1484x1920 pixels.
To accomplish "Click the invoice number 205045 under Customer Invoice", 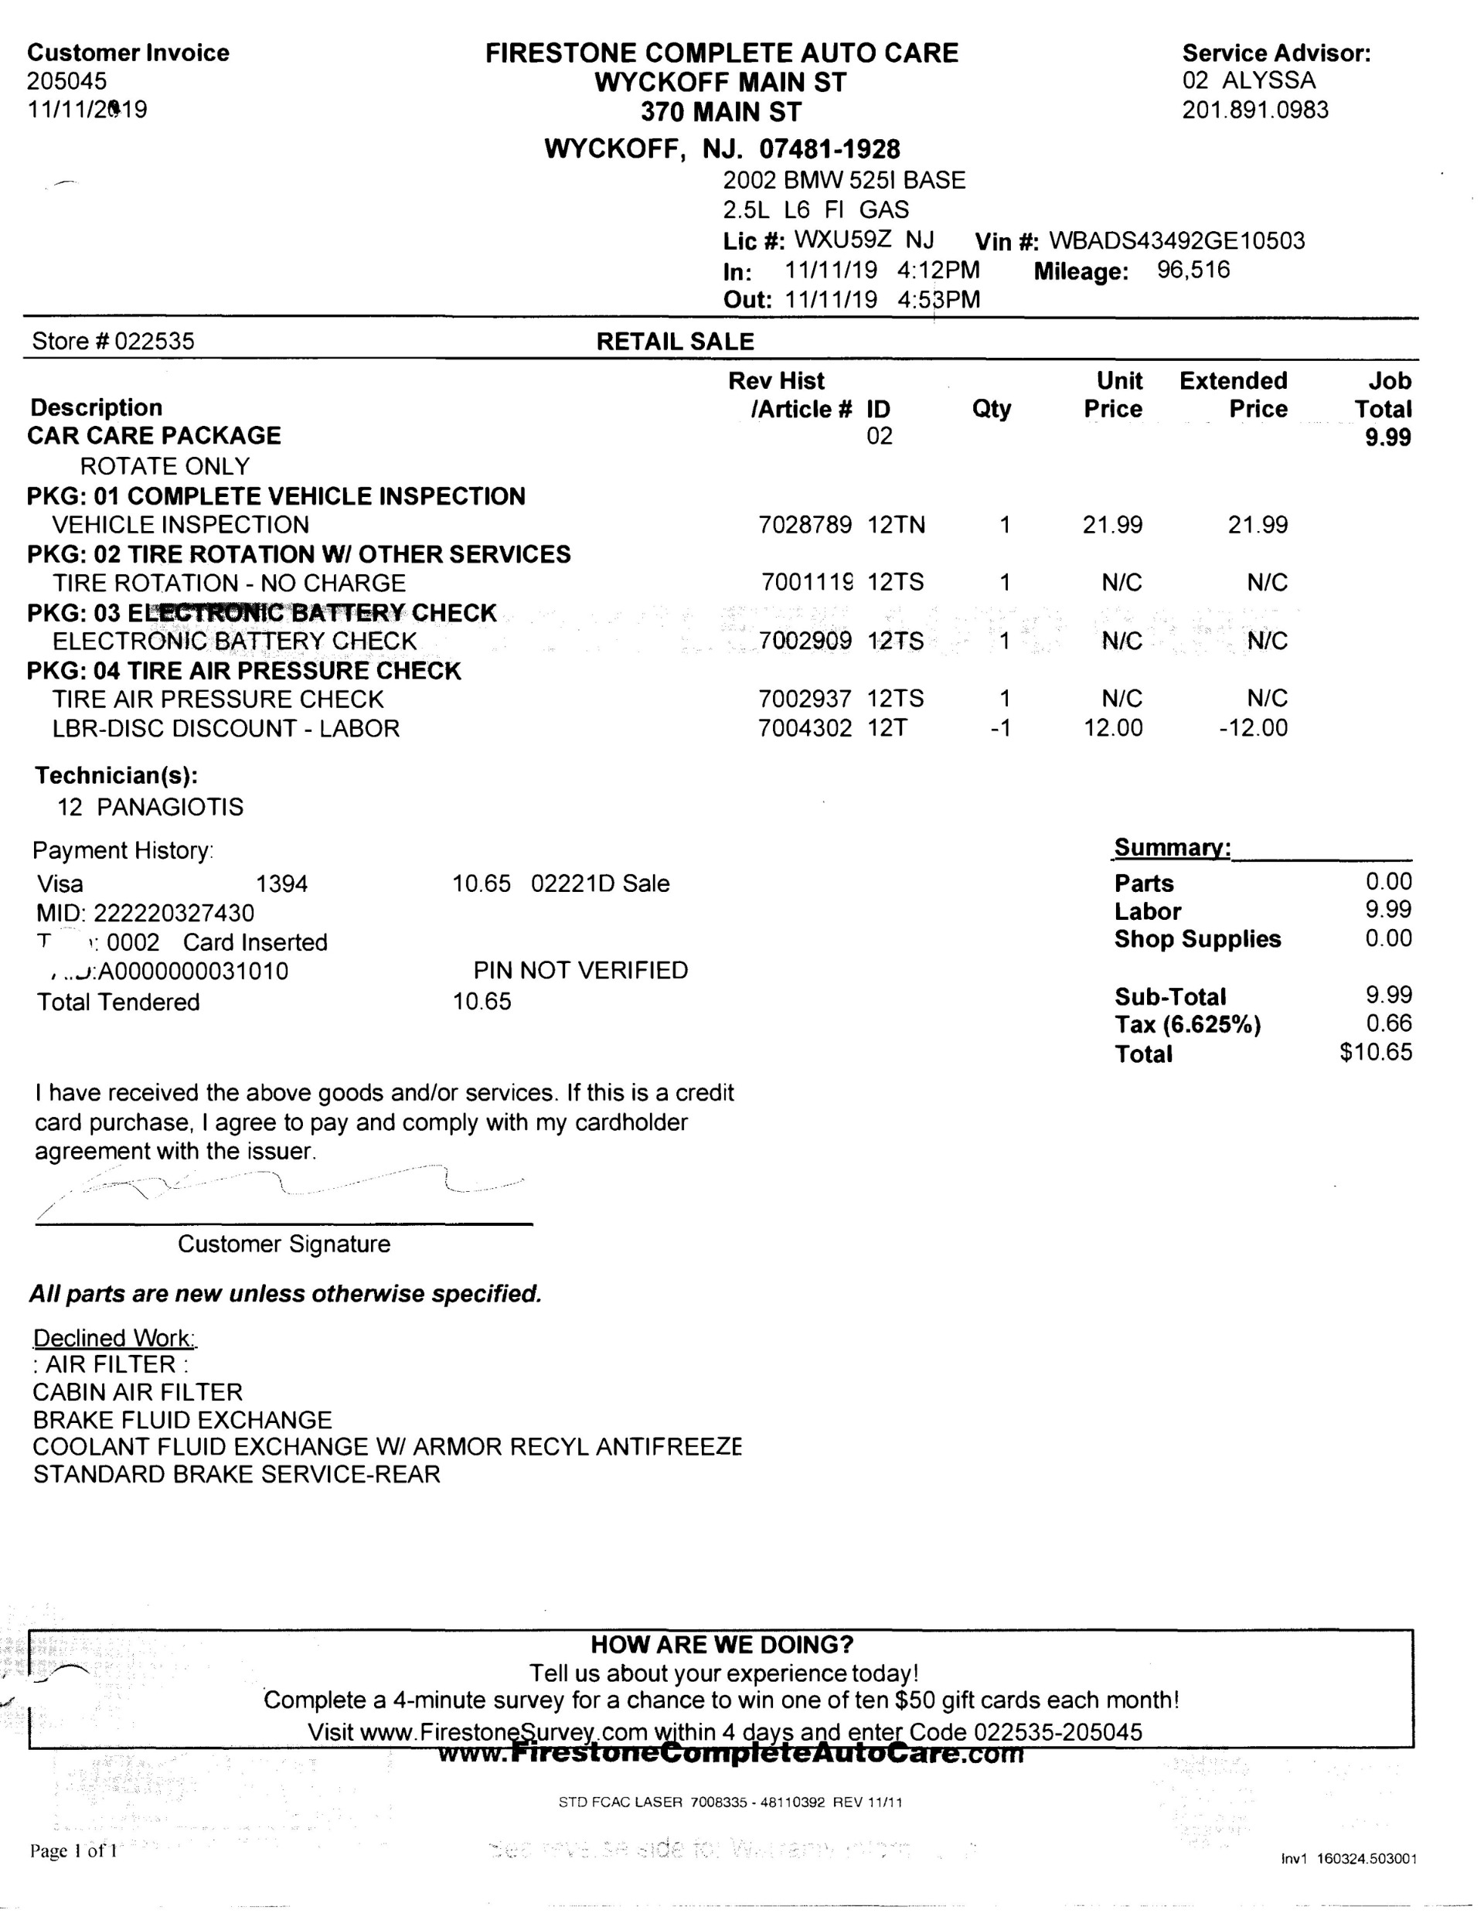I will [x=66, y=81].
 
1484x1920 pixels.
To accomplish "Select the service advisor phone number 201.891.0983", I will [x=1254, y=110].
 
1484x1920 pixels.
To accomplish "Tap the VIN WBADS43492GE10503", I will [x=1176, y=240].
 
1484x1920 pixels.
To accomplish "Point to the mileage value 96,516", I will [x=1193, y=270].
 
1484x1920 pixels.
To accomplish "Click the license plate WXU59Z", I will [x=842, y=239].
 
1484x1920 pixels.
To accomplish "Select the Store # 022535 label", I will [x=114, y=341].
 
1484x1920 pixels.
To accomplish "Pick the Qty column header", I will [x=991, y=409].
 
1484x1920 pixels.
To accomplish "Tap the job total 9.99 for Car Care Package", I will [x=1387, y=437].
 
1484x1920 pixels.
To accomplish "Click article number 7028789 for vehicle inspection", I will [x=805, y=525].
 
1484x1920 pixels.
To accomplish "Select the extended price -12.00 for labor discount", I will [x=1253, y=728].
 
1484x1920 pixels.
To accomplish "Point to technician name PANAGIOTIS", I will [x=170, y=807].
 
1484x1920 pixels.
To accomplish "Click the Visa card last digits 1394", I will [x=281, y=883].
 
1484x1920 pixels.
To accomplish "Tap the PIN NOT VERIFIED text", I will [x=580, y=971].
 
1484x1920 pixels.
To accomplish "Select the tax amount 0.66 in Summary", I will [x=1388, y=1023].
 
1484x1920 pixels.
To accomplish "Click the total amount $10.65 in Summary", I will [x=1376, y=1052].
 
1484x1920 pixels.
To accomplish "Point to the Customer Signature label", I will [x=284, y=1244].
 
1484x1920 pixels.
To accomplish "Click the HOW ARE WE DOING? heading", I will [x=722, y=1645].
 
